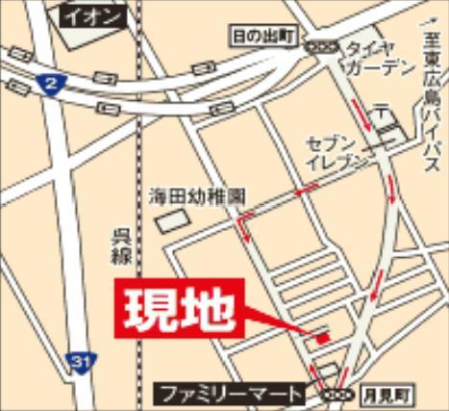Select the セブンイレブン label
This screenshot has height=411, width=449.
pyautogui.click(x=337, y=150)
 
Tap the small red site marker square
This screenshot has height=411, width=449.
pyautogui.click(x=323, y=337)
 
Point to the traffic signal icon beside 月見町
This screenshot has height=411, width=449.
pyautogui.click(x=336, y=393)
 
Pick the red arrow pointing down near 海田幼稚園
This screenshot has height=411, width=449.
pyautogui.click(x=244, y=229)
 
